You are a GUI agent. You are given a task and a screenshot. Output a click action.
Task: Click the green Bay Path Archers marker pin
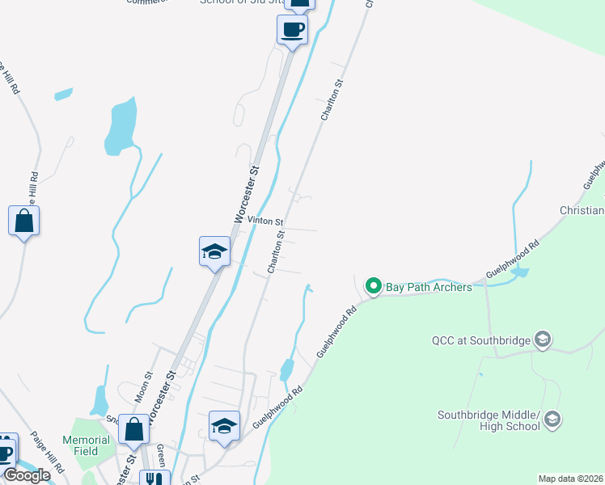coord(374,286)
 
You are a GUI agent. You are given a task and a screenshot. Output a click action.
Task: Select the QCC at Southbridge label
coord(482,340)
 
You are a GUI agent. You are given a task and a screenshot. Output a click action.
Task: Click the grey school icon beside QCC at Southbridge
coord(543,339)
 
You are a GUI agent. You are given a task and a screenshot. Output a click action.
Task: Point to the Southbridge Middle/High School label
coord(489,420)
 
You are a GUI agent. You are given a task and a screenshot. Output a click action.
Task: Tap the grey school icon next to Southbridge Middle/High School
coord(552,419)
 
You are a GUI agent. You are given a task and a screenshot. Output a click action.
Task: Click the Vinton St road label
coord(265,221)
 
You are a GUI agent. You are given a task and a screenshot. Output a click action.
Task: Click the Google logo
coord(27,475)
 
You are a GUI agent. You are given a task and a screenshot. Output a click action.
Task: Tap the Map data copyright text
coord(571,479)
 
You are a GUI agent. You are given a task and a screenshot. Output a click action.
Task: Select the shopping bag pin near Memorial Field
coord(134,428)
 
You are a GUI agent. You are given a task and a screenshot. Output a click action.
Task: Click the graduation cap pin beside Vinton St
coord(215,251)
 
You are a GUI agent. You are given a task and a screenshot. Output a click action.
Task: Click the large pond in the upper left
coord(120,126)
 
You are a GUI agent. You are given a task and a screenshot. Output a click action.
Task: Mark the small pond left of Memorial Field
coord(99,400)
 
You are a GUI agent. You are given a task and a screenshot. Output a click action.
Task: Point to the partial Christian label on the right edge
coord(582,210)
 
